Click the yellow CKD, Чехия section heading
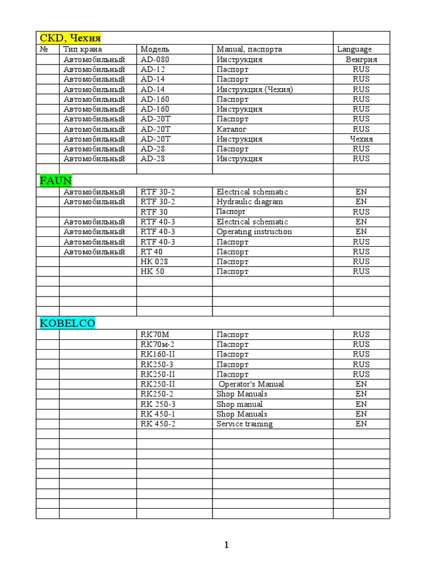coord(70,38)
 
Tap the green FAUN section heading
coord(56,181)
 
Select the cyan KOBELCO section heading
coord(67,323)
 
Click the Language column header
coord(354,49)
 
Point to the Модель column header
coord(155,49)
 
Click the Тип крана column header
coord(82,49)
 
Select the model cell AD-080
coord(155,60)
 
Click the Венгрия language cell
coord(361,60)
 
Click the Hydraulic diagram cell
coord(249,201)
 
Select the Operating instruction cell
coord(254,232)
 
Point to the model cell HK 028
coord(154,262)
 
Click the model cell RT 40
coord(151,252)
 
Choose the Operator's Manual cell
coord(251,384)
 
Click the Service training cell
coord(244,424)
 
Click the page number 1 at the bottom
coord(226,545)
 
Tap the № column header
coord(44,49)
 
